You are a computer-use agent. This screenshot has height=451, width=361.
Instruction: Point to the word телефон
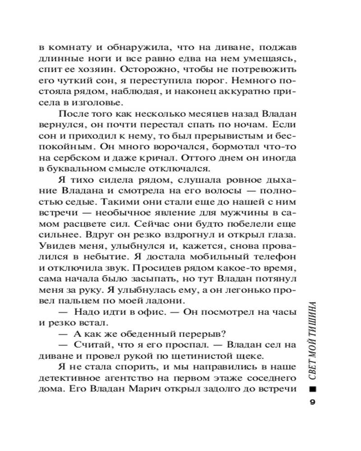[276, 258]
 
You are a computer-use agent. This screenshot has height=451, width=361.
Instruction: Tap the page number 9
[312, 403]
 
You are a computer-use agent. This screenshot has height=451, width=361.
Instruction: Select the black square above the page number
[312, 389]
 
